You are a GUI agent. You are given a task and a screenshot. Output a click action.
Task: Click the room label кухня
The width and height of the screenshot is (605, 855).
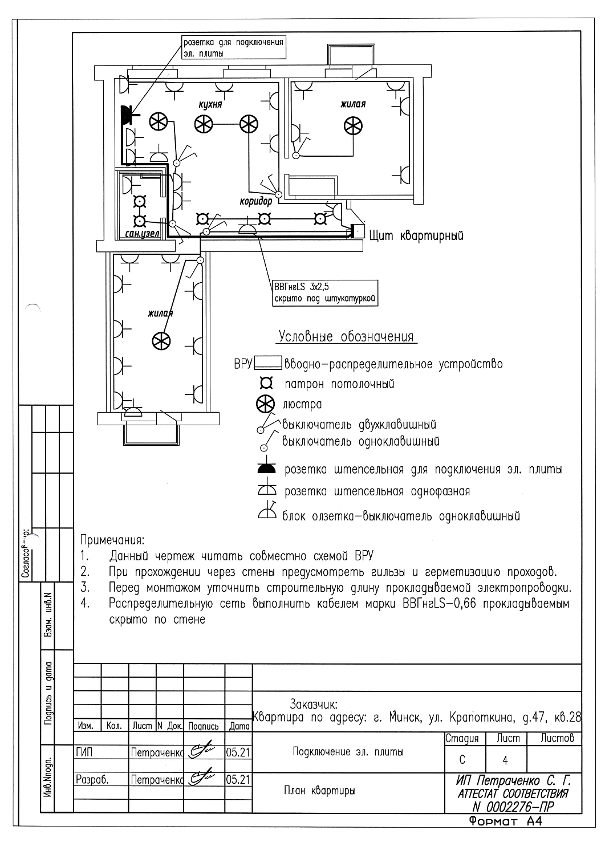[x=210, y=105]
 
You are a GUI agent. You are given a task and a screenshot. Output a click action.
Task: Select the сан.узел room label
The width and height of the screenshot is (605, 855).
[x=142, y=234]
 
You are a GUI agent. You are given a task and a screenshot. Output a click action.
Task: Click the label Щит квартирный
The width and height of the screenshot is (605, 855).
[x=416, y=235]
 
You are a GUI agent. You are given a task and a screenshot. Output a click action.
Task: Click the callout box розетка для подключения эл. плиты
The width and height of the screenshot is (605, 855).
[x=233, y=48]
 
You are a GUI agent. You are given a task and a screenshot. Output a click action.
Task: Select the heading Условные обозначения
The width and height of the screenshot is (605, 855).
[x=346, y=336]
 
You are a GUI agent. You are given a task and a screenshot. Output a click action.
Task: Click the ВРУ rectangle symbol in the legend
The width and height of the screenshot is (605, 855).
[x=267, y=363]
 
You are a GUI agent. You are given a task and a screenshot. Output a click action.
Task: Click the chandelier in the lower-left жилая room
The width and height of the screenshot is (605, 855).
[x=161, y=341]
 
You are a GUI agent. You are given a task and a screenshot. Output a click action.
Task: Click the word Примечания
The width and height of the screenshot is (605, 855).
[x=112, y=539]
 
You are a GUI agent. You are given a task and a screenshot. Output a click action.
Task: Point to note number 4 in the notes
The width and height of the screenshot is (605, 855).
[x=86, y=604]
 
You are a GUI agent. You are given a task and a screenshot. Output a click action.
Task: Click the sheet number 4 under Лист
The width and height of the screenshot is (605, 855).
[x=505, y=760]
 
